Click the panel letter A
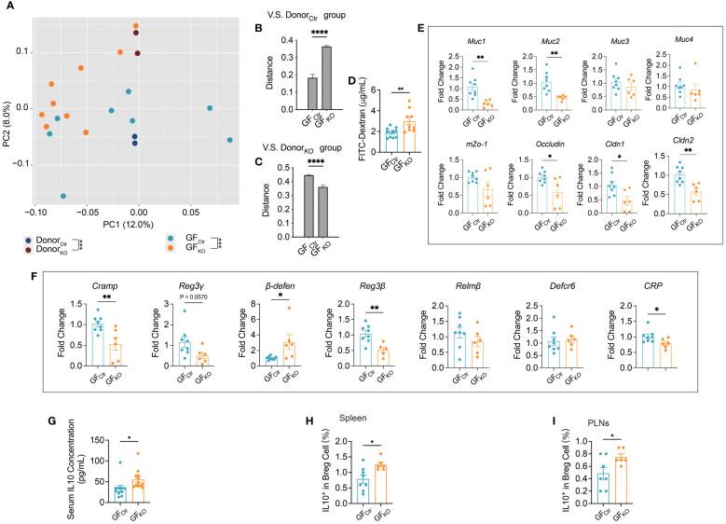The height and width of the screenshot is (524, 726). click(x=7, y=7)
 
